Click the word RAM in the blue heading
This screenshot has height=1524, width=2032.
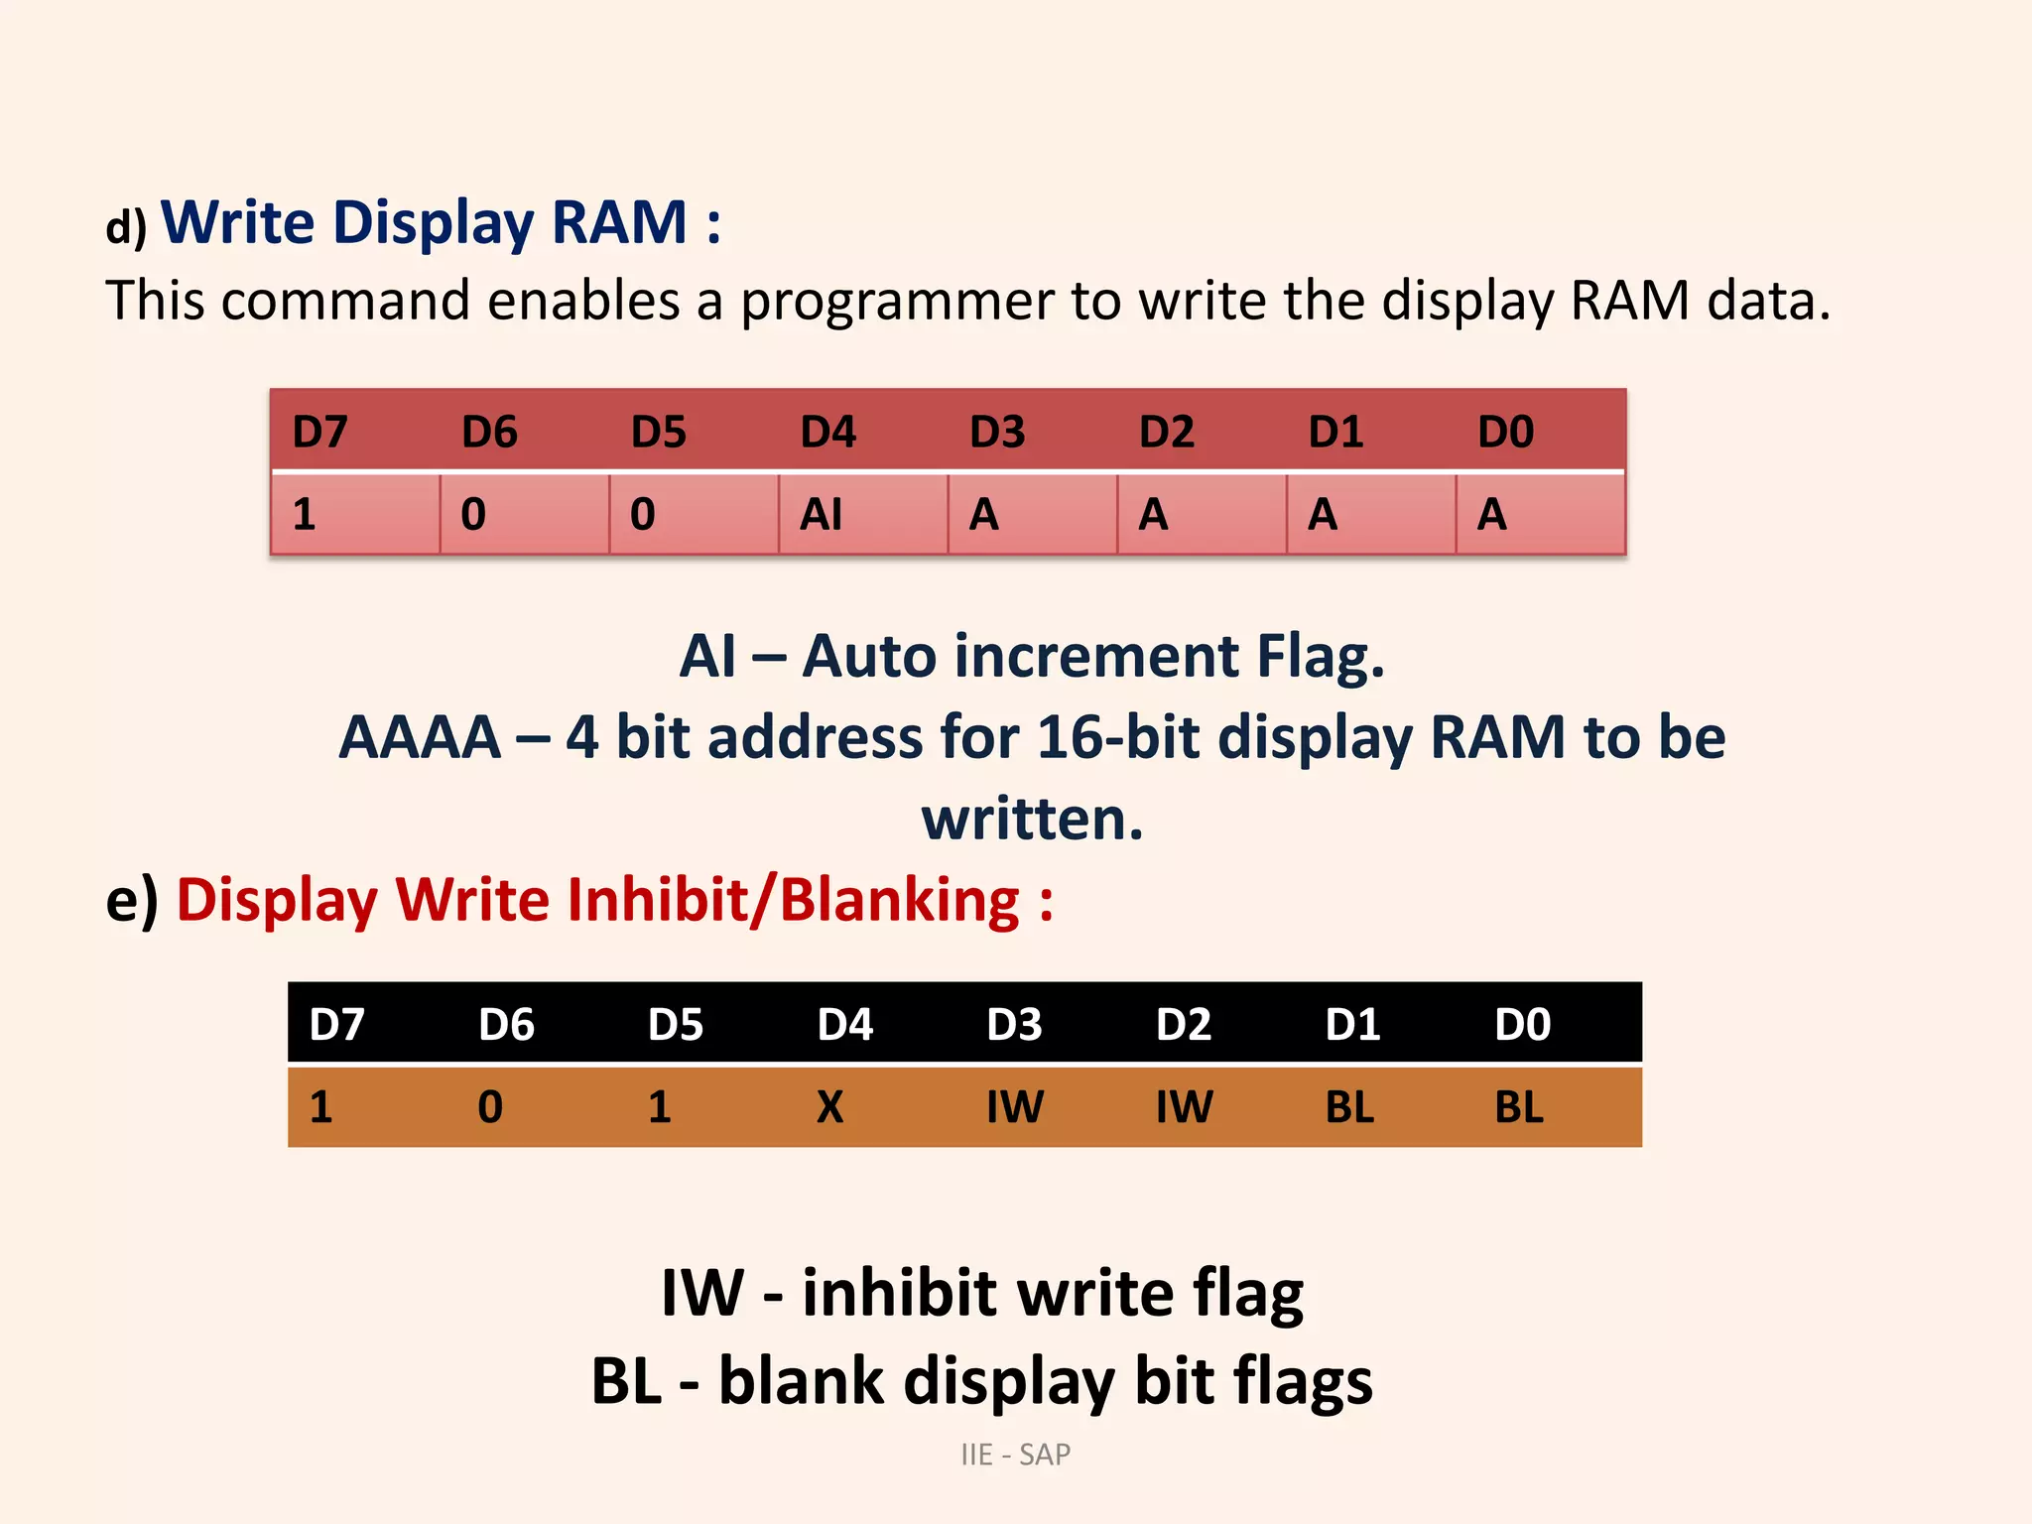(x=619, y=222)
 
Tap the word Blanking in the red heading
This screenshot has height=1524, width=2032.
(x=899, y=900)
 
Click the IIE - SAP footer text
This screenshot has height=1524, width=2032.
(x=1015, y=1455)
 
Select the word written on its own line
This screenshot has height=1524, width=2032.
(x=1032, y=820)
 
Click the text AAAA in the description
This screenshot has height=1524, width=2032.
(x=420, y=738)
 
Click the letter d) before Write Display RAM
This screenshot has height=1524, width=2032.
(x=126, y=227)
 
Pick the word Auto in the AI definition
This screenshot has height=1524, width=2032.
(x=868, y=657)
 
